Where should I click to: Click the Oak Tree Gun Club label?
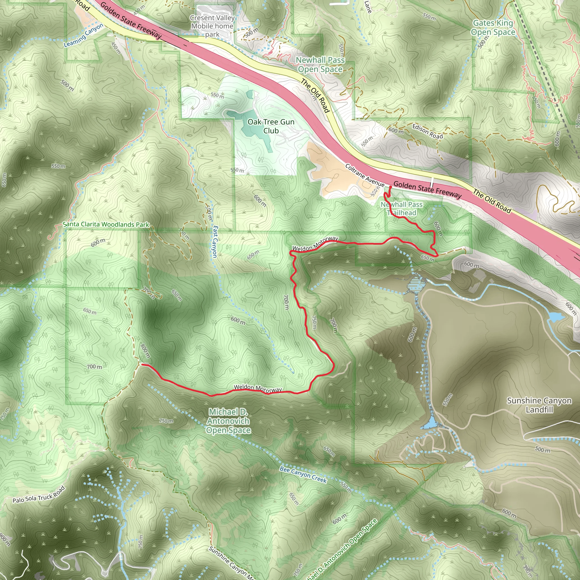pos(271,126)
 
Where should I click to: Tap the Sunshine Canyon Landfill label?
pos(539,405)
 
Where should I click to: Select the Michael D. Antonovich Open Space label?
pos(228,421)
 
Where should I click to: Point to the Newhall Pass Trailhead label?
pos(401,209)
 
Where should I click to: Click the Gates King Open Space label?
pos(493,28)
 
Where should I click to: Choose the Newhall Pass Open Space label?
pos(320,65)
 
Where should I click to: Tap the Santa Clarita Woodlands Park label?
pos(106,225)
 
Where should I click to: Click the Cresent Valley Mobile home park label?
pos(212,26)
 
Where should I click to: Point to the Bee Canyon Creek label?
pos(303,474)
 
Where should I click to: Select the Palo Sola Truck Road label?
pos(39,495)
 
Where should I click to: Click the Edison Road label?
pos(427,131)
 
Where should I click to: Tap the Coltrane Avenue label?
pos(364,175)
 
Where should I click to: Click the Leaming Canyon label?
pos(84,35)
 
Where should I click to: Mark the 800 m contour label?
pos(145,351)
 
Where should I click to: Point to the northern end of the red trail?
pos(391,187)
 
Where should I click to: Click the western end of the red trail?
pos(142,364)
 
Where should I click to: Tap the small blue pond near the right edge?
pos(556,317)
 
